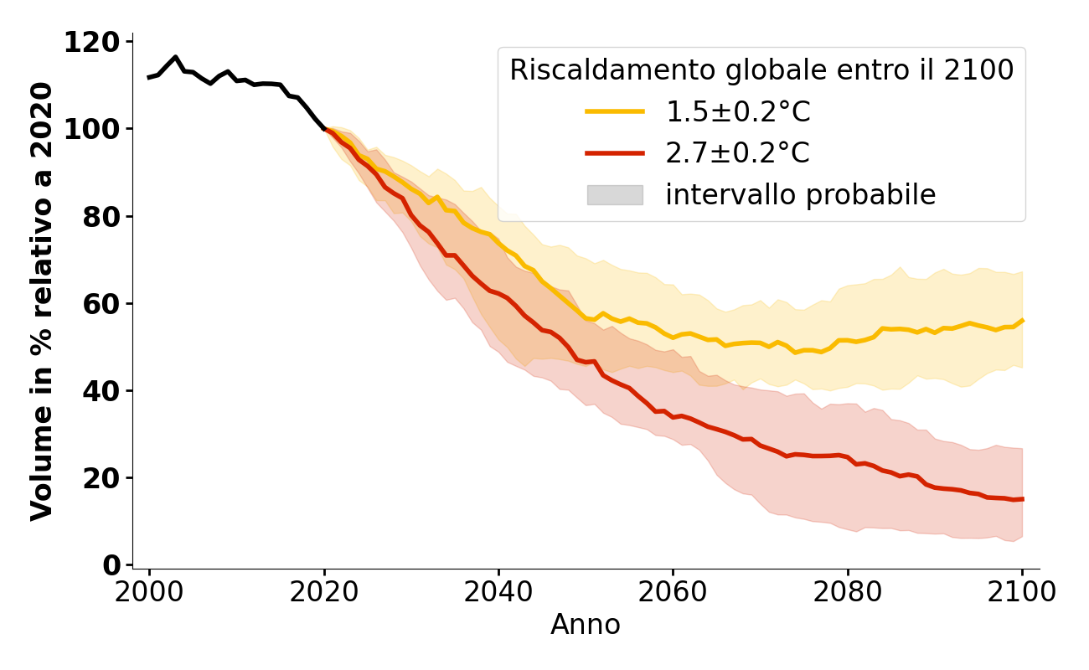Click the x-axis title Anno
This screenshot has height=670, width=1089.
coord(586,625)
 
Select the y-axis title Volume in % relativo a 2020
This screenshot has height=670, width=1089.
coord(42,301)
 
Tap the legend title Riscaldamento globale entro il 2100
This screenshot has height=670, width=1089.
coord(761,70)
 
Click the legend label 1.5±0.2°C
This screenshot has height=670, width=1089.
coord(738,111)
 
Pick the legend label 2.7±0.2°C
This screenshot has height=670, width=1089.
coord(738,153)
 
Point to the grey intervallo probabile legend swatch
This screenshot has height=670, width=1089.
coord(615,195)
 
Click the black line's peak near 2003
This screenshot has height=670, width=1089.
coord(175,57)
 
